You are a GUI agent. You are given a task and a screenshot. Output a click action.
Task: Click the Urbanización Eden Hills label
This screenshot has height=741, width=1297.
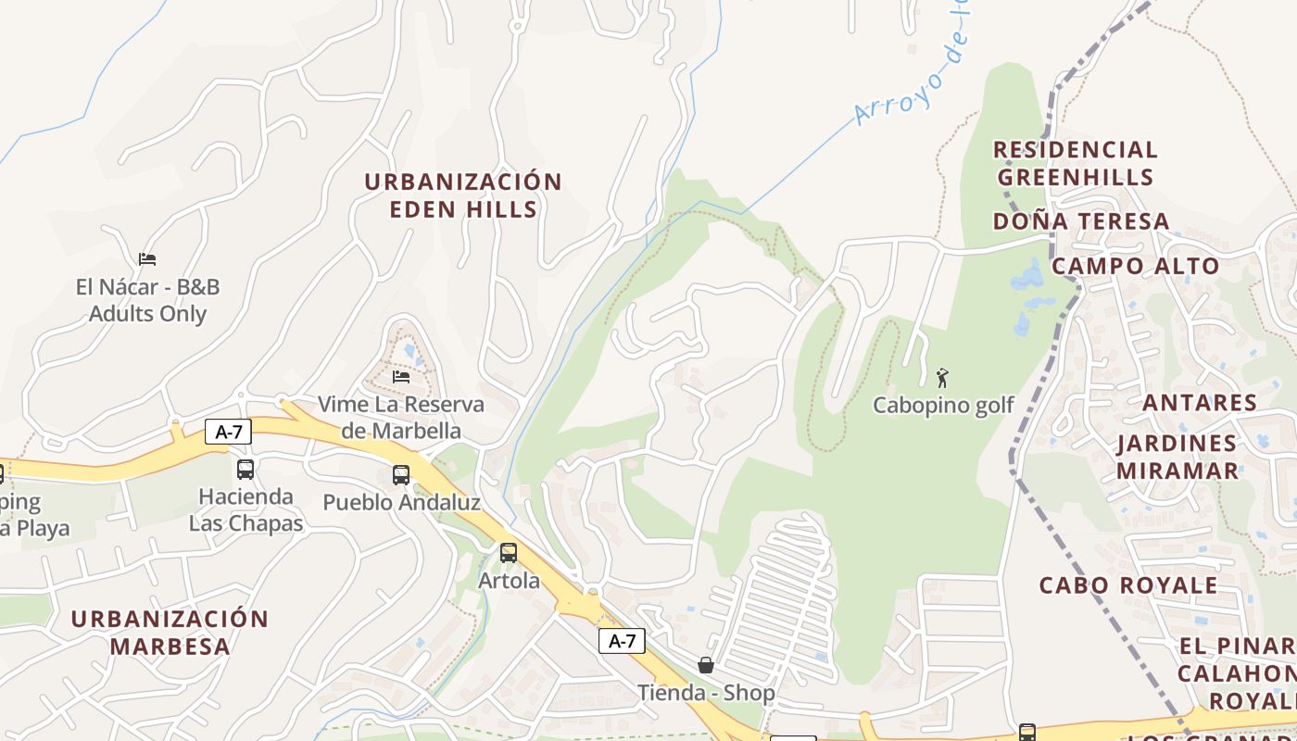point(463,195)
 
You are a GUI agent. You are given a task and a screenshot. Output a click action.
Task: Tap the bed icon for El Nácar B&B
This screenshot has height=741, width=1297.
point(147,258)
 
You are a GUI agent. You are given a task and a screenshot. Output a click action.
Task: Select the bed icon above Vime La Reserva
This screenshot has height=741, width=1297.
point(401,376)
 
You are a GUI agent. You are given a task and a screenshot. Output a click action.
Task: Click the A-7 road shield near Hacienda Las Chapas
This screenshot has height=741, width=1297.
point(228,431)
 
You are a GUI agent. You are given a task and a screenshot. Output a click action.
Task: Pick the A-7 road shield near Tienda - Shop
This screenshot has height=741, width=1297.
point(622,640)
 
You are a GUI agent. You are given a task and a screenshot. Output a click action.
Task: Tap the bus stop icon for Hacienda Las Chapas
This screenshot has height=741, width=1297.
point(246,470)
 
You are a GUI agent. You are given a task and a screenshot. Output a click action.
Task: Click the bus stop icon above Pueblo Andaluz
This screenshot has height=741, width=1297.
point(401,474)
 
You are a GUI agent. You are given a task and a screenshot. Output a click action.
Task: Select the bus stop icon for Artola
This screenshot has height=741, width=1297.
point(509,553)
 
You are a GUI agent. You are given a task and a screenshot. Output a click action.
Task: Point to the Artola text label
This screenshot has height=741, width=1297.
point(509,581)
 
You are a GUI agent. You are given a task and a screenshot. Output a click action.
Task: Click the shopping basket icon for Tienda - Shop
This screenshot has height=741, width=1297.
point(706,664)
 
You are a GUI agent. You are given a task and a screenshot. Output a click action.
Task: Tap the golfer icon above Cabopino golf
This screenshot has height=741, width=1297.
point(943,378)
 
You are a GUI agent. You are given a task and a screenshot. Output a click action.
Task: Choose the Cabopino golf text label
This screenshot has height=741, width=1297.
point(943,406)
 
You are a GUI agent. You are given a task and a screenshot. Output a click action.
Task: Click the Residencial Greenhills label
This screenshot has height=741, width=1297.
point(1076,163)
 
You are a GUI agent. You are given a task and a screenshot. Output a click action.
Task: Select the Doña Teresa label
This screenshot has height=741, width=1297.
point(1081,221)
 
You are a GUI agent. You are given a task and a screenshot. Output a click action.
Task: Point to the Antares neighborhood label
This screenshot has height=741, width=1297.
point(1200,403)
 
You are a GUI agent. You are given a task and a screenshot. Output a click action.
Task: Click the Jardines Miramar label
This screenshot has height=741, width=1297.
point(1177,457)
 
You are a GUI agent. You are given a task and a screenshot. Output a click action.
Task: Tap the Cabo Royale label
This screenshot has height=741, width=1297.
point(1128,585)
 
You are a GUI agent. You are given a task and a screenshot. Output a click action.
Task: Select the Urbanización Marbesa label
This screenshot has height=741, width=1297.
point(170,632)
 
